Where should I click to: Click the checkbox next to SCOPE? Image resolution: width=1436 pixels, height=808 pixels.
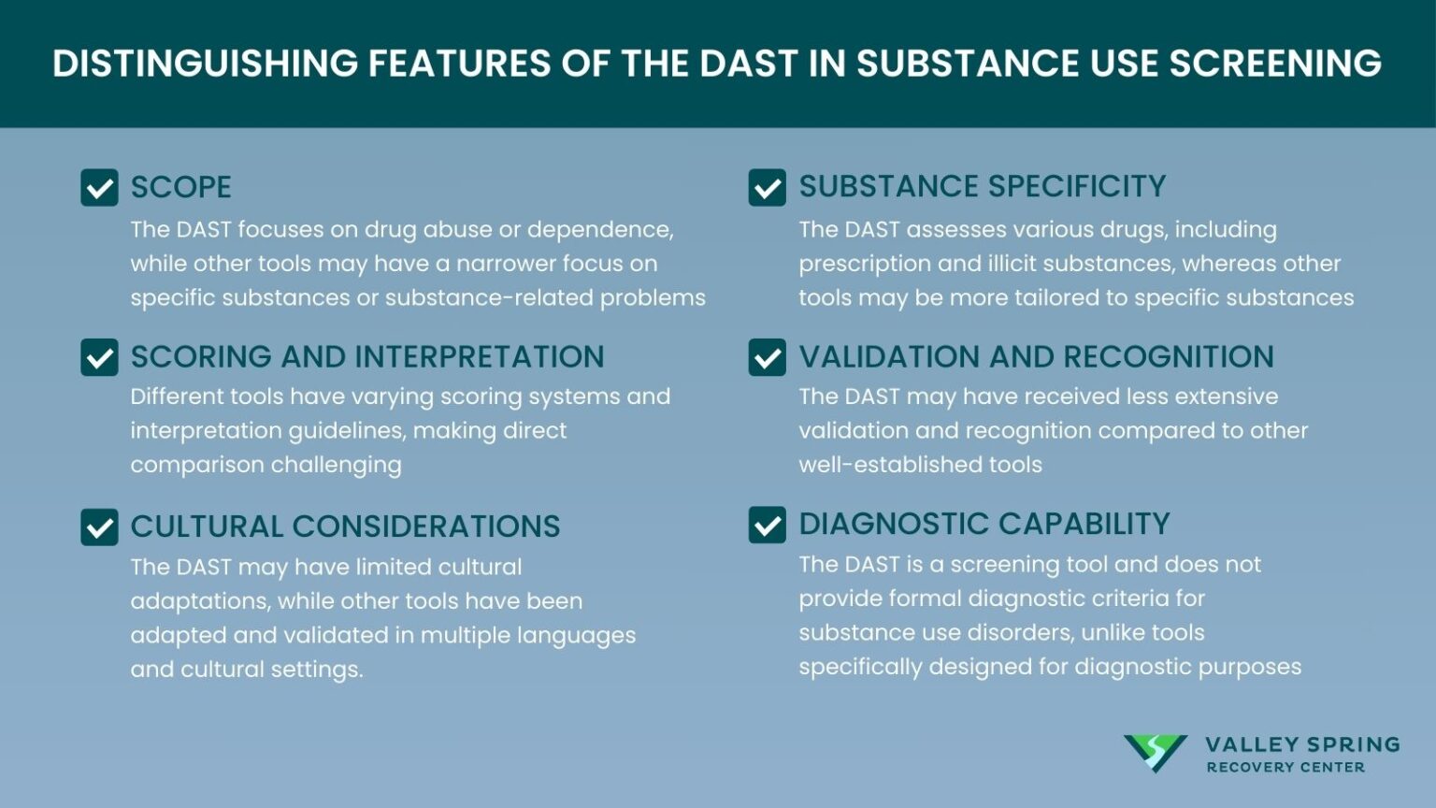click(x=99, y=187)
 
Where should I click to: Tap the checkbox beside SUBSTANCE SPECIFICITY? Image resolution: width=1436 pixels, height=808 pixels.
click(x=767, y=187)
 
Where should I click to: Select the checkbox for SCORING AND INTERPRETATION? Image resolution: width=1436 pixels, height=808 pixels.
click(x=99, y=357)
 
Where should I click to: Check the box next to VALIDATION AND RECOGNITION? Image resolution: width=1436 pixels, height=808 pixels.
click(x=767, y=357)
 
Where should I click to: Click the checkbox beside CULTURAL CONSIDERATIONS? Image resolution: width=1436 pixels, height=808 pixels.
click(x=99, y=527)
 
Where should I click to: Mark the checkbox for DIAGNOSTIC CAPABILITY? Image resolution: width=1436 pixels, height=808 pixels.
click(x=767, y=525)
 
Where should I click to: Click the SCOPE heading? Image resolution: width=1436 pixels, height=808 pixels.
click(x=180, y=187)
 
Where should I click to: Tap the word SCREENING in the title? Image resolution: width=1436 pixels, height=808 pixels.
click(x=1275, y=64)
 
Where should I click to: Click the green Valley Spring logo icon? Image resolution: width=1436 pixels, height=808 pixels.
click(x=1155, y=753)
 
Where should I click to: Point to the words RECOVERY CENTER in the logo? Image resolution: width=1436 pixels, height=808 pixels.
click(x=1285, y=768)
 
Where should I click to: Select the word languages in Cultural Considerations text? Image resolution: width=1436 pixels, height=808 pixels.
click(x=576, y=636)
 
